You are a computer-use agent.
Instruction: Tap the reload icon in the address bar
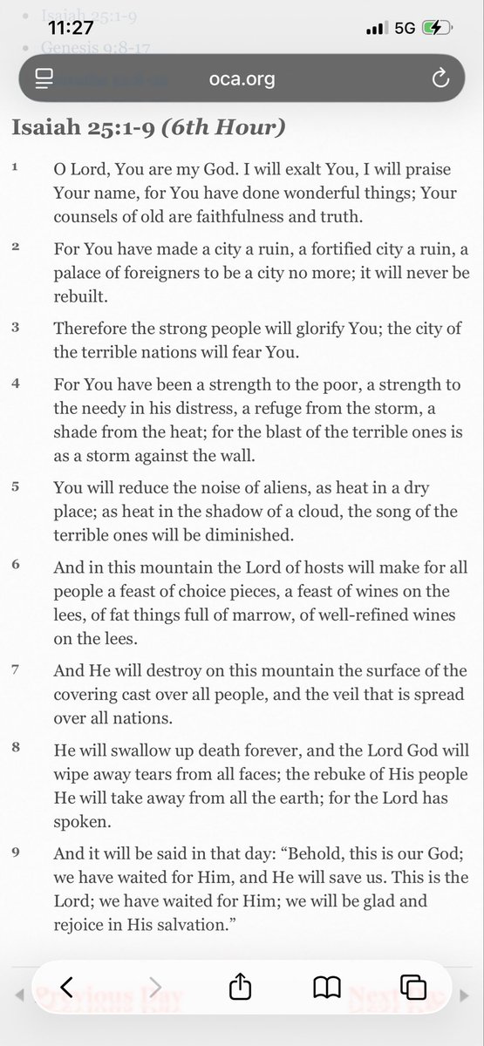click(x=440, y=79)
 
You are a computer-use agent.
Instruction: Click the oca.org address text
click(x=242, y=79)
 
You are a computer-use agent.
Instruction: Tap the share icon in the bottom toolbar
click(x=239, y=987)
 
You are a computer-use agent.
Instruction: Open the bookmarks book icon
click(x=326, y=987)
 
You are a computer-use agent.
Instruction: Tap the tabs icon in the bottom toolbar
click(x=412, y=987)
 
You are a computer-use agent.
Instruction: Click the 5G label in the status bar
click(x=404, y=28)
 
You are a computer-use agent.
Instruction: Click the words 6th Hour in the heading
click(x=240, y=126)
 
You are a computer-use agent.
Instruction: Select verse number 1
click(x=16, y=166)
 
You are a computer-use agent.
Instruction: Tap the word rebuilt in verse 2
click(x=79, y=295)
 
